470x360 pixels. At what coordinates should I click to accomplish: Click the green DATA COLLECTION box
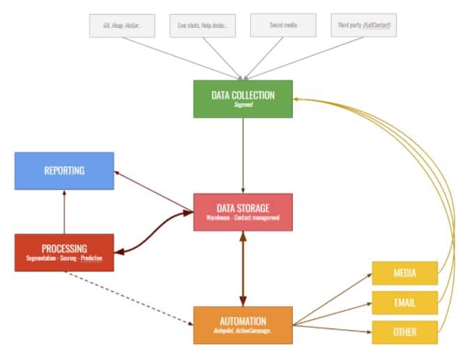click(x=243, y=98)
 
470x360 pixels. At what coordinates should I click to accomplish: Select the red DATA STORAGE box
click(x=243, y=212)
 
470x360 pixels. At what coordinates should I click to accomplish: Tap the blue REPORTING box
click(x=63, y=171)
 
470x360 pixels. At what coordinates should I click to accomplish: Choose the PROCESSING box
click(x=63, y=253)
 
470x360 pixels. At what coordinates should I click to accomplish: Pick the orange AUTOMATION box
click(x=243, y=325)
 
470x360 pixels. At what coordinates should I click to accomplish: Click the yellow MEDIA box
click(x=404, y=273)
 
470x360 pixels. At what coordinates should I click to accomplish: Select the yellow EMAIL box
click(x=404, y=303)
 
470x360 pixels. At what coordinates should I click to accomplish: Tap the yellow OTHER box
click(x=404, y=332)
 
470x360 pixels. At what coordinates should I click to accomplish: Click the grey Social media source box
click(x=283, y=25)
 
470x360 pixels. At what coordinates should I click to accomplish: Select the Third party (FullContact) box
click(x=363, y=25)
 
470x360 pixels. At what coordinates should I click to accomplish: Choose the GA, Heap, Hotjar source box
click(x=121, y=25)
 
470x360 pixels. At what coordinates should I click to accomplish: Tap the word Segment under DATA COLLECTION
click(x=243, y=105)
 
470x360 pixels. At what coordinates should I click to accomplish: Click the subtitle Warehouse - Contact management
click(x=243, y=218)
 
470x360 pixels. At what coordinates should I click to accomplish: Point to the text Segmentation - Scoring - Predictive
click(x=63, y=259)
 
